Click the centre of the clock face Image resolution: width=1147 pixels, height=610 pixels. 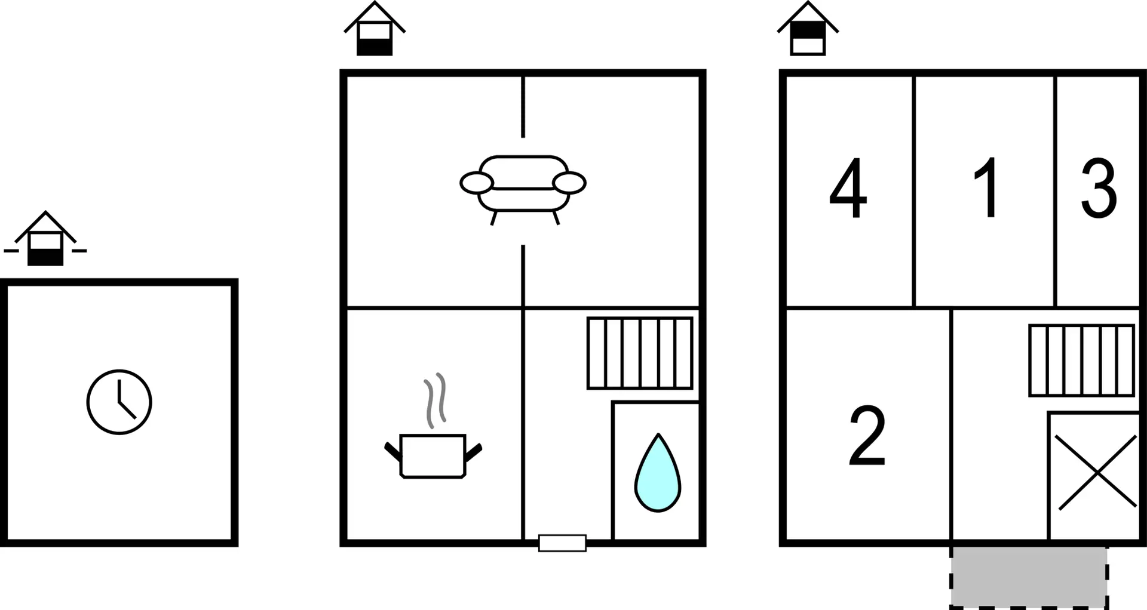(x=119, y=402)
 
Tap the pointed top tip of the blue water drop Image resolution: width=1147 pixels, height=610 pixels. (x=658, y=434)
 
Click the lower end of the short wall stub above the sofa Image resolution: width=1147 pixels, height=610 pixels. (x=523, y=137)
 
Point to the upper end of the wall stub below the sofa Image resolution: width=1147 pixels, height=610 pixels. (x=523, y=245)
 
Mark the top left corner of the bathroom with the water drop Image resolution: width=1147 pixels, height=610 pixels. (x=613, y=402)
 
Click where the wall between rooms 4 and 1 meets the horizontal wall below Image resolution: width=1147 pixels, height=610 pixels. (x=914, y=308)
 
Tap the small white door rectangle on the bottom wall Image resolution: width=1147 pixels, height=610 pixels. (x=562, y=543)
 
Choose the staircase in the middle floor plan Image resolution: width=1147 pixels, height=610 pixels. (x=640, y=353)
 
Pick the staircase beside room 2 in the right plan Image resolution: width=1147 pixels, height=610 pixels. (x=1081, y=361)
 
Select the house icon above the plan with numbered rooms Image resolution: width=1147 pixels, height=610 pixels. (x=808, y=29)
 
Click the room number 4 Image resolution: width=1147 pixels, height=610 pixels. (x=848, y=188)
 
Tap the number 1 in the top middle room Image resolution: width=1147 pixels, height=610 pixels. (x=987, y=187)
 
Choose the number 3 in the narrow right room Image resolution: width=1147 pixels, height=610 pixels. (x=1099, y=189)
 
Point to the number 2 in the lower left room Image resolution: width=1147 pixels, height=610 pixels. (x=867, y=435)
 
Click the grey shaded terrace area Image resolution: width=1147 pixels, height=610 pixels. (x=1029, y=577)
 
